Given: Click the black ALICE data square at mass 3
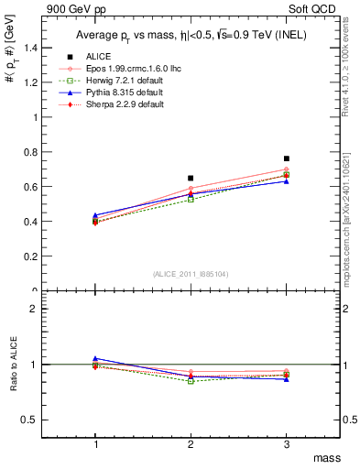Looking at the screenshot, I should click(x=286, y=158).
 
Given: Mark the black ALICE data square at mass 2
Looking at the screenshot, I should click(x=191, y=178).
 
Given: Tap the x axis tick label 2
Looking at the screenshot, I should click(x=191, y=443).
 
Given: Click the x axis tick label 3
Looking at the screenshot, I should click(x=286, y=443).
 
